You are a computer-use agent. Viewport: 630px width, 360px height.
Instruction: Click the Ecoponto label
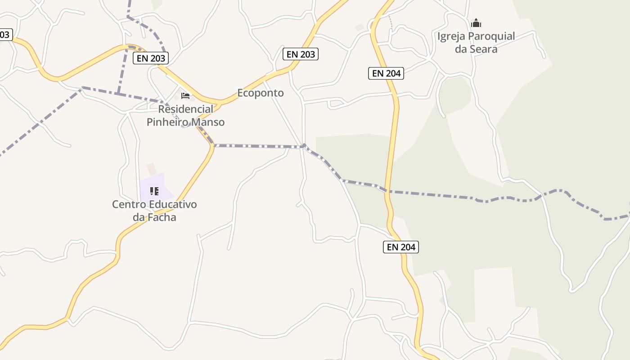click(261, 93)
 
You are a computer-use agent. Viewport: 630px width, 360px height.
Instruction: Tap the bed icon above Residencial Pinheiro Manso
click(185, 95)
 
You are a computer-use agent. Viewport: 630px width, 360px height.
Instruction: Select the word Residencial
click(185, 109)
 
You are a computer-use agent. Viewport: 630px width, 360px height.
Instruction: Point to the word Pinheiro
click(168, 122)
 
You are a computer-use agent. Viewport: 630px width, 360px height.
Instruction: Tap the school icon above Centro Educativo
click(154, 191)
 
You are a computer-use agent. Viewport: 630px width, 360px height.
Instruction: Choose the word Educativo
click(173, 205)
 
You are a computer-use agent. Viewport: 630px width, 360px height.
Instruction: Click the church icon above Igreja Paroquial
click(476, 23)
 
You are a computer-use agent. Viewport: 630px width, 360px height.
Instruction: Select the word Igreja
click(451, 36)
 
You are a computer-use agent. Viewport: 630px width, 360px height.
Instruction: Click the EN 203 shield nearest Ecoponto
click(301, 54)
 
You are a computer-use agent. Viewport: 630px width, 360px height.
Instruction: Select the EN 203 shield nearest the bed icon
click(151, 58)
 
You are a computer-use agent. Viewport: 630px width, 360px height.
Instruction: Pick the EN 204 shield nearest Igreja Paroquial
click(386, 73)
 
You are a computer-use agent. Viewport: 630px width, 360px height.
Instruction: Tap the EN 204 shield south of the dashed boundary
click(401, 247)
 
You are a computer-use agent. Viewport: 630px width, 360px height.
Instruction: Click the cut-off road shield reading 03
click(5, 34)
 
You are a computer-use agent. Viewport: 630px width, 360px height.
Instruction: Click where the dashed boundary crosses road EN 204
click(387, 191)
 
